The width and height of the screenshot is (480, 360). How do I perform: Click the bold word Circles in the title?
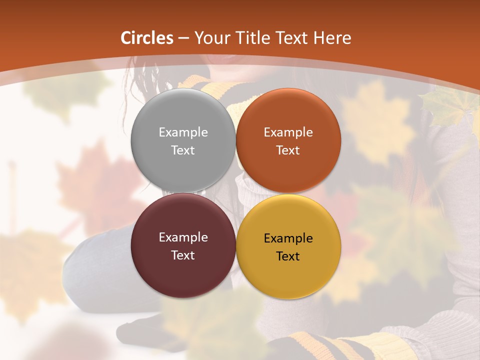tap(147, 38)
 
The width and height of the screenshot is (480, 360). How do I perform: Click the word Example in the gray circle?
tap(183, 132)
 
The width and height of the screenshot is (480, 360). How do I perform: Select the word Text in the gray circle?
tap(183, 150)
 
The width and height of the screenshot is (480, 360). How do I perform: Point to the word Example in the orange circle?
tap(288, 132)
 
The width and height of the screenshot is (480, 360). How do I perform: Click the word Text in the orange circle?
tap(288, 150)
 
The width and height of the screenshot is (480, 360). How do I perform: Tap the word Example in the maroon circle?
tap(183, 237)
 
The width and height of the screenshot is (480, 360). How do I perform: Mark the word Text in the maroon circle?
tap(183, 255)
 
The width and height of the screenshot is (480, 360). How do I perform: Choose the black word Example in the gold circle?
tap(288, 238)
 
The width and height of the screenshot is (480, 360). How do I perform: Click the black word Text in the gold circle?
tap(288, 256)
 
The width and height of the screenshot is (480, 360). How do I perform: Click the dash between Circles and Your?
tap(183, 38)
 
